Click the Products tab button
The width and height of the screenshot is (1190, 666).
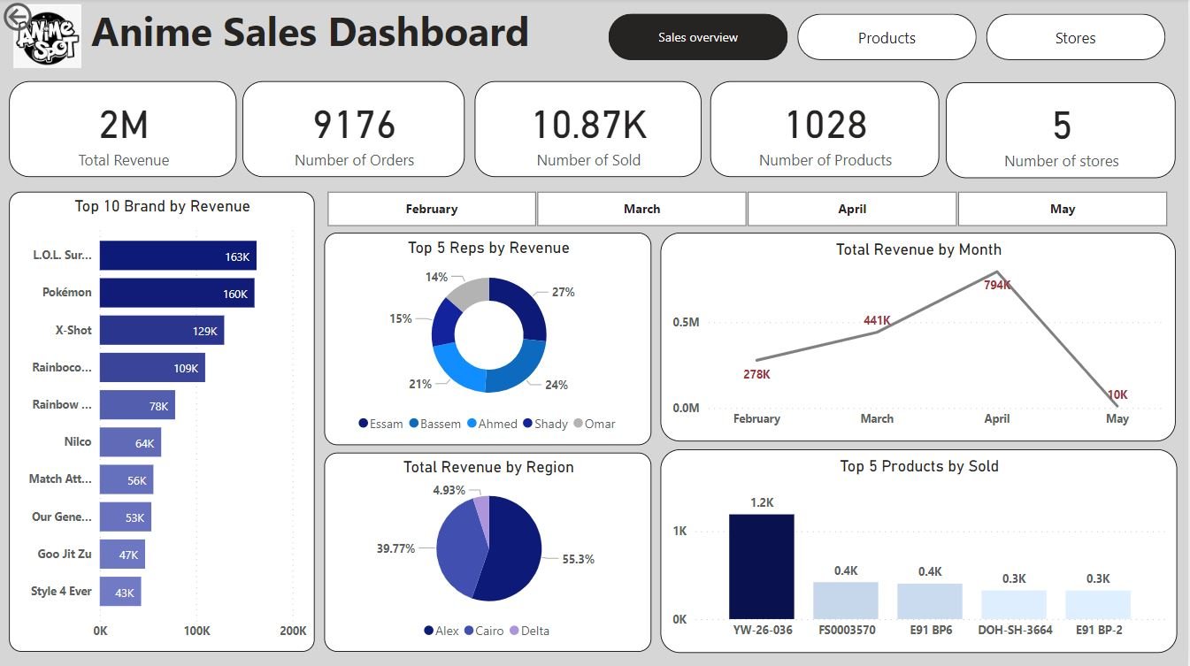pyautogui.click(x=887, y=38)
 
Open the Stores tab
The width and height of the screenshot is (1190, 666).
pyautogui.click(x=1075, y=38)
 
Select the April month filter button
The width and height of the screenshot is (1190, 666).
pyautogui.click(x=851, y=210)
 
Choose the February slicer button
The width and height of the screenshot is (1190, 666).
pyautogui.click(x=432, y=210)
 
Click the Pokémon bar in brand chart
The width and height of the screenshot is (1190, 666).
pyautogui.click(x=177, y=293)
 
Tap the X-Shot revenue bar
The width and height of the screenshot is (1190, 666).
pyautogui.click(x=161, y=330)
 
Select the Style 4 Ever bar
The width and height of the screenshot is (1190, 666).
pyautogui.click(x=120, y=592)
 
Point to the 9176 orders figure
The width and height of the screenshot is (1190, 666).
pyautogui.click(x=354, y=126)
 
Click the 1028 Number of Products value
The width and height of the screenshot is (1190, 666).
pyautogui.click(x=825, y=126)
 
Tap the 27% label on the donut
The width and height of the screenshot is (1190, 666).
pyautogui.click(x=564, y=292)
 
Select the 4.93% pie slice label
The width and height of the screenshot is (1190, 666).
pyautogui.click(x=449, y=490)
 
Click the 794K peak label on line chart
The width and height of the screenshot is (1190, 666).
pyautogui.click(x=997, y=285)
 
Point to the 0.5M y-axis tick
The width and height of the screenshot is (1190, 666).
pyautogui.click(x=686, y=322)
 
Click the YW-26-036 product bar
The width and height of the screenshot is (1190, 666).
pyautogui.click(x=761, y=566)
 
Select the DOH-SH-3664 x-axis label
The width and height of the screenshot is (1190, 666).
pyautogui.click(x=1014, y=631)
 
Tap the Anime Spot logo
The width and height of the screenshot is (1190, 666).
pyautogui.click(x=48, y=37)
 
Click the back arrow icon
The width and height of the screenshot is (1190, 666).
pyautogui.click(x=17, y=16)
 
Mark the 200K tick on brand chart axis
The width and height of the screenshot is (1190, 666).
pyautogui.click(x=293, y=631)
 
